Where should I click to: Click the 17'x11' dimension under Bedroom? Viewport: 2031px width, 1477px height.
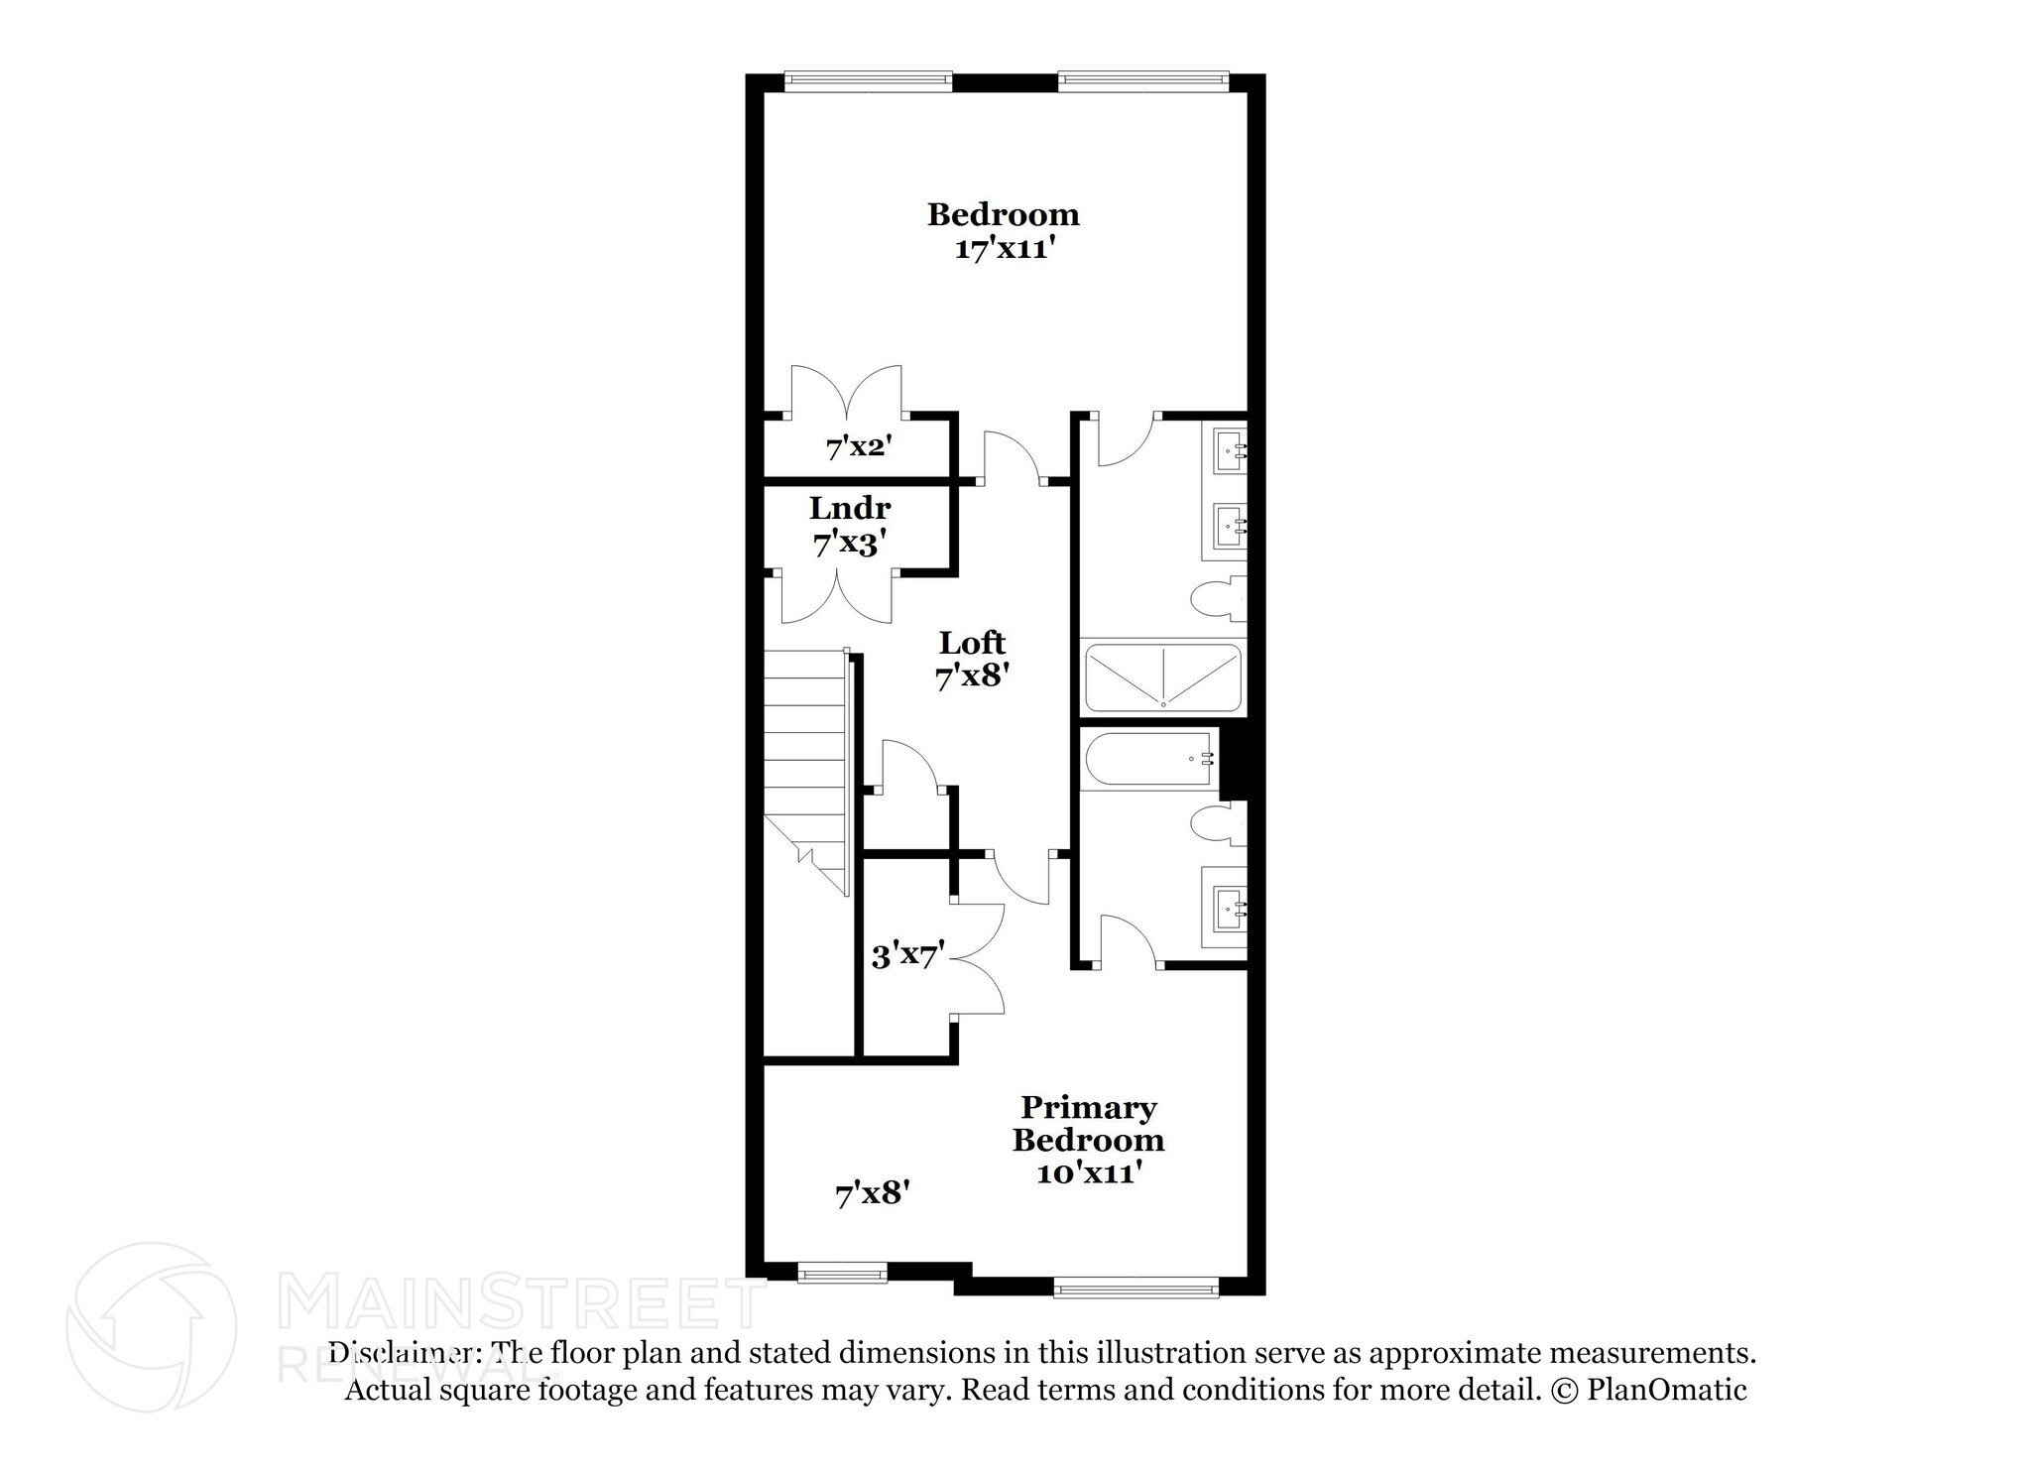[x=1003, y=248]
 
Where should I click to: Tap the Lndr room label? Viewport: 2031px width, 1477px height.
[x=850, y=509]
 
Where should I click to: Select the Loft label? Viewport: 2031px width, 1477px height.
[x=972, y=643]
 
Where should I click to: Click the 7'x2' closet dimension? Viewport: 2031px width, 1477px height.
[x=859, y=447]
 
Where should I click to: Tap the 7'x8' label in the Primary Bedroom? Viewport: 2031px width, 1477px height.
[x=873, y=1193]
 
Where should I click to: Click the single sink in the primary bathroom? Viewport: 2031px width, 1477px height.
[x=1229, y=906]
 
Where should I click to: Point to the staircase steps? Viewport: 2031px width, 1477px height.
[x=803, y=754]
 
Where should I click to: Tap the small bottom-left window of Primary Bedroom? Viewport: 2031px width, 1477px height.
[x=843, y=1273]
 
